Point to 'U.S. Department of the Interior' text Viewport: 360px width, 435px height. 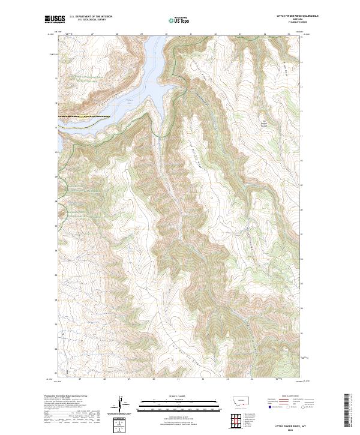coord(91,16)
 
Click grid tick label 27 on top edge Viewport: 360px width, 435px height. coord(92,35)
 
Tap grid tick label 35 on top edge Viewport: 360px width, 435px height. coord(289,35)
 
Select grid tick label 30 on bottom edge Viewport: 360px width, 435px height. coord(154,379)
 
